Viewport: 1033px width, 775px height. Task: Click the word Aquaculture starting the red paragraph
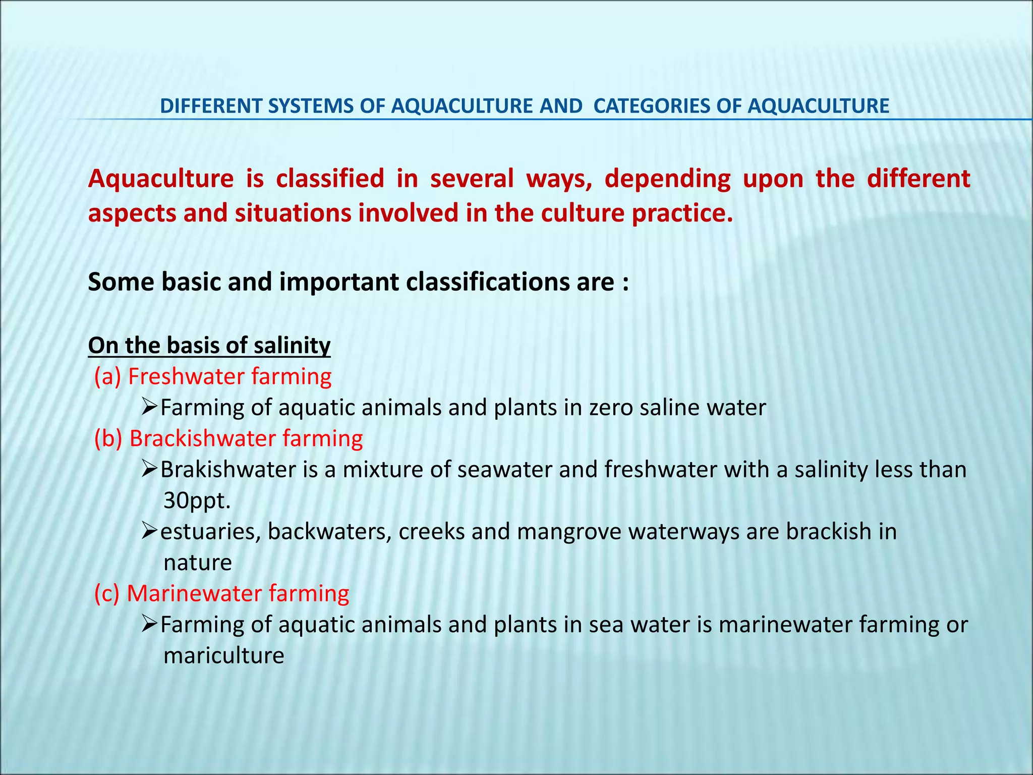coord(160,179)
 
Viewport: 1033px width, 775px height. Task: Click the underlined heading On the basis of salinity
coord(209,346)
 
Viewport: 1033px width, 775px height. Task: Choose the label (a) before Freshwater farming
coord(107,377)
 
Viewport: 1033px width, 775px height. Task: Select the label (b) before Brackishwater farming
coord(108,438)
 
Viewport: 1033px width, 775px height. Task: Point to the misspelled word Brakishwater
coord(228,470)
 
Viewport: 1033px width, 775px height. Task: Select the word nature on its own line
coord(197,563)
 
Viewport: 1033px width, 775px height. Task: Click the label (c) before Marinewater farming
coord(107,594)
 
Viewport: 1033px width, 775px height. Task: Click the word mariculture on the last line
coord(223,656)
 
